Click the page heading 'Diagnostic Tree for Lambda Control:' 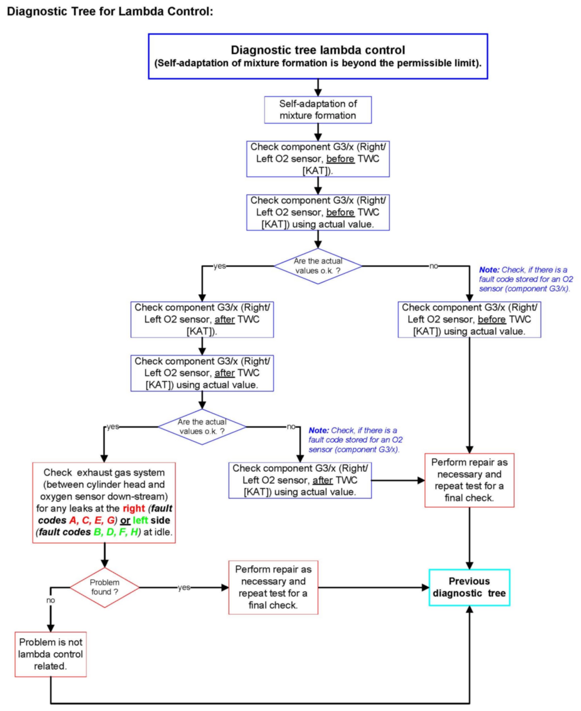pos(110,11)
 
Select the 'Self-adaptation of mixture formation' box pos(318,110)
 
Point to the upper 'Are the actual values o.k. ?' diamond pos(318,266)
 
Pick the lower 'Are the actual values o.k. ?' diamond pos(202,427)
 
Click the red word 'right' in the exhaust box pos(134,508)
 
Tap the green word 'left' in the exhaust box pos(140,520)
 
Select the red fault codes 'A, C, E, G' pos(92,520)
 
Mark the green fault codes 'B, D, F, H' pos(116,532)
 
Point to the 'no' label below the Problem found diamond pos(51,600)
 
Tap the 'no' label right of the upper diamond pos(434,266)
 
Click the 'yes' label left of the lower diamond pos(113,427)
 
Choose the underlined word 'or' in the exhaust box pos(125,520)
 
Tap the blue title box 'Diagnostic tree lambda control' pos(318,56)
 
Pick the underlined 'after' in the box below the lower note pos(322,480)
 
